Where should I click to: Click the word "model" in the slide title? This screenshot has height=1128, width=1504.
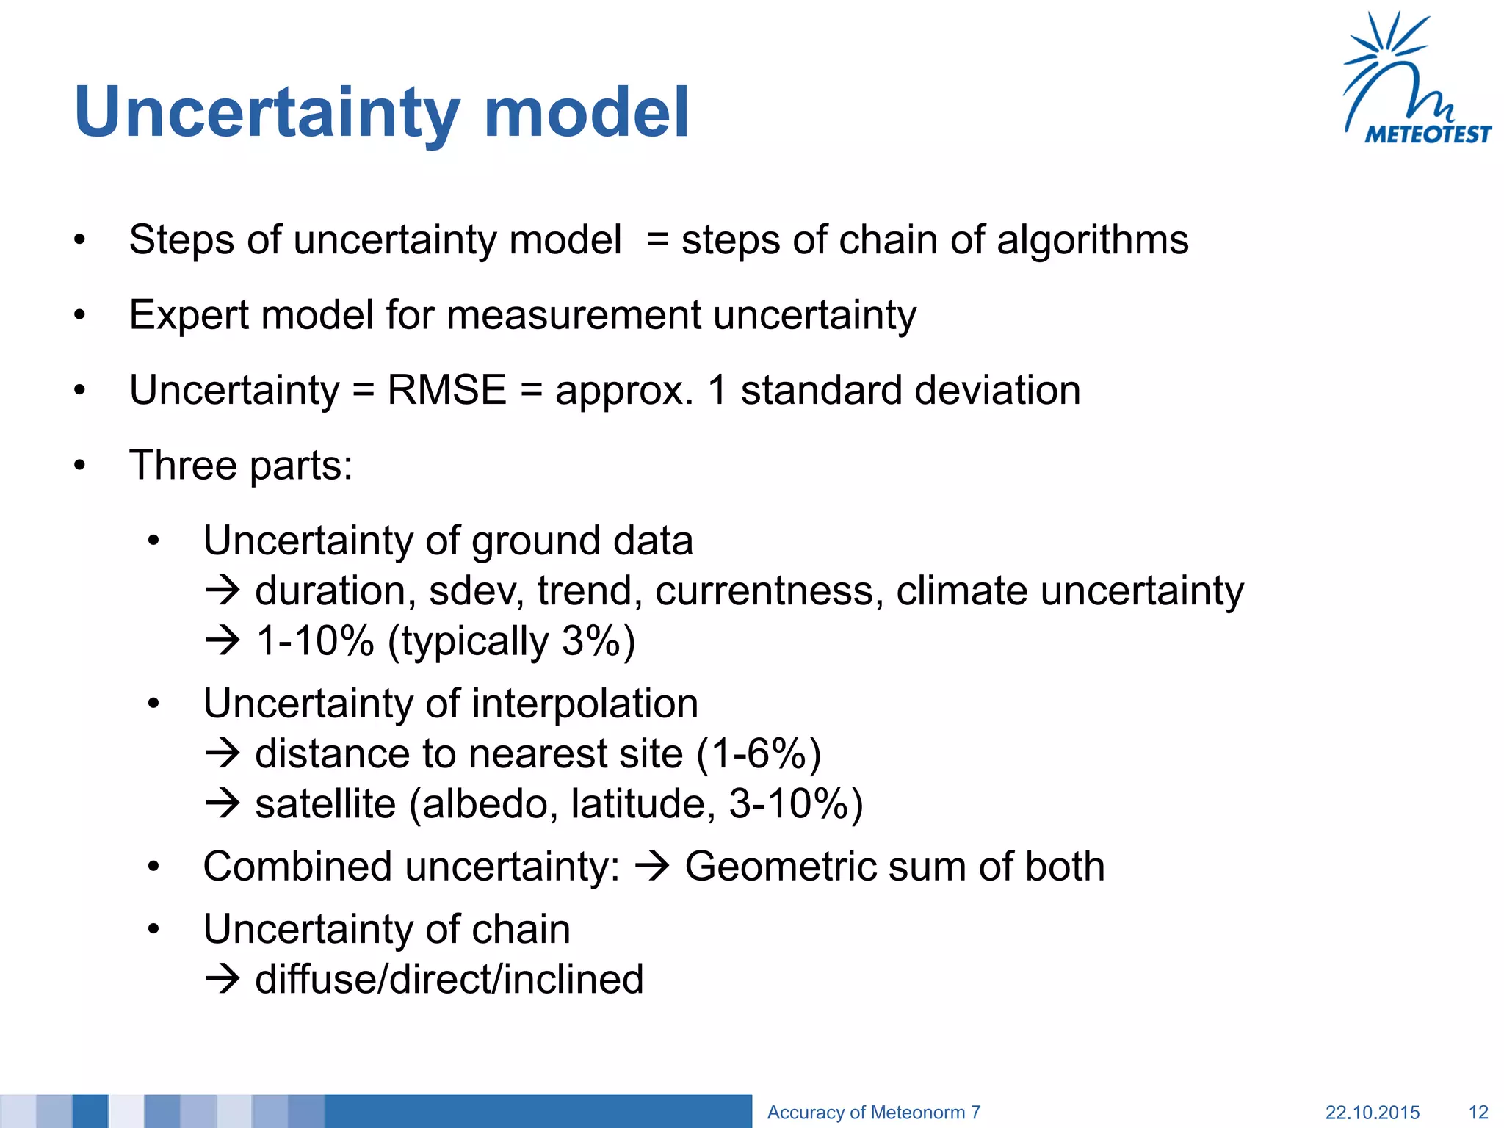[x=586, y=112]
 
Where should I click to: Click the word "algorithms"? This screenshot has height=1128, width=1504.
[x=1092, y=240]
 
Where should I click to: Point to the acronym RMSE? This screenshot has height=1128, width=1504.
[x=446, y=390]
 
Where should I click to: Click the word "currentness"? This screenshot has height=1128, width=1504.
[x=769, y=591]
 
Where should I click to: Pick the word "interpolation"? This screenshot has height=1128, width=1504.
[x=585, y=704]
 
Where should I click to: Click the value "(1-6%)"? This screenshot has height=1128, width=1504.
[x=758, y=754]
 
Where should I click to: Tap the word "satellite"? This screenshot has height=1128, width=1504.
[x=325, y=804]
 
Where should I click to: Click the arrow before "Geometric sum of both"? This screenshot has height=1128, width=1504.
[x=652, y=867]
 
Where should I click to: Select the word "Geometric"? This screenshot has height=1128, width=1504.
[x=780, y=867]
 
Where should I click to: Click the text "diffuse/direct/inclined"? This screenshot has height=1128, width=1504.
[x=449, y=980]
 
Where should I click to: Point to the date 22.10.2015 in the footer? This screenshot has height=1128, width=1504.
[x=1372, y=1113]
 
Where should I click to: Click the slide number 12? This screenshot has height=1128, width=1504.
[x=1478, y=1113]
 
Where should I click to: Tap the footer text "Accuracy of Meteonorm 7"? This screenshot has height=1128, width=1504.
[x=873, y=1113]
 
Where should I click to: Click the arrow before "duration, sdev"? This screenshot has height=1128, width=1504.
[x=223, y=591]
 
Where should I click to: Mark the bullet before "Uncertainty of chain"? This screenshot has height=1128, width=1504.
[x=153, y=930]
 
